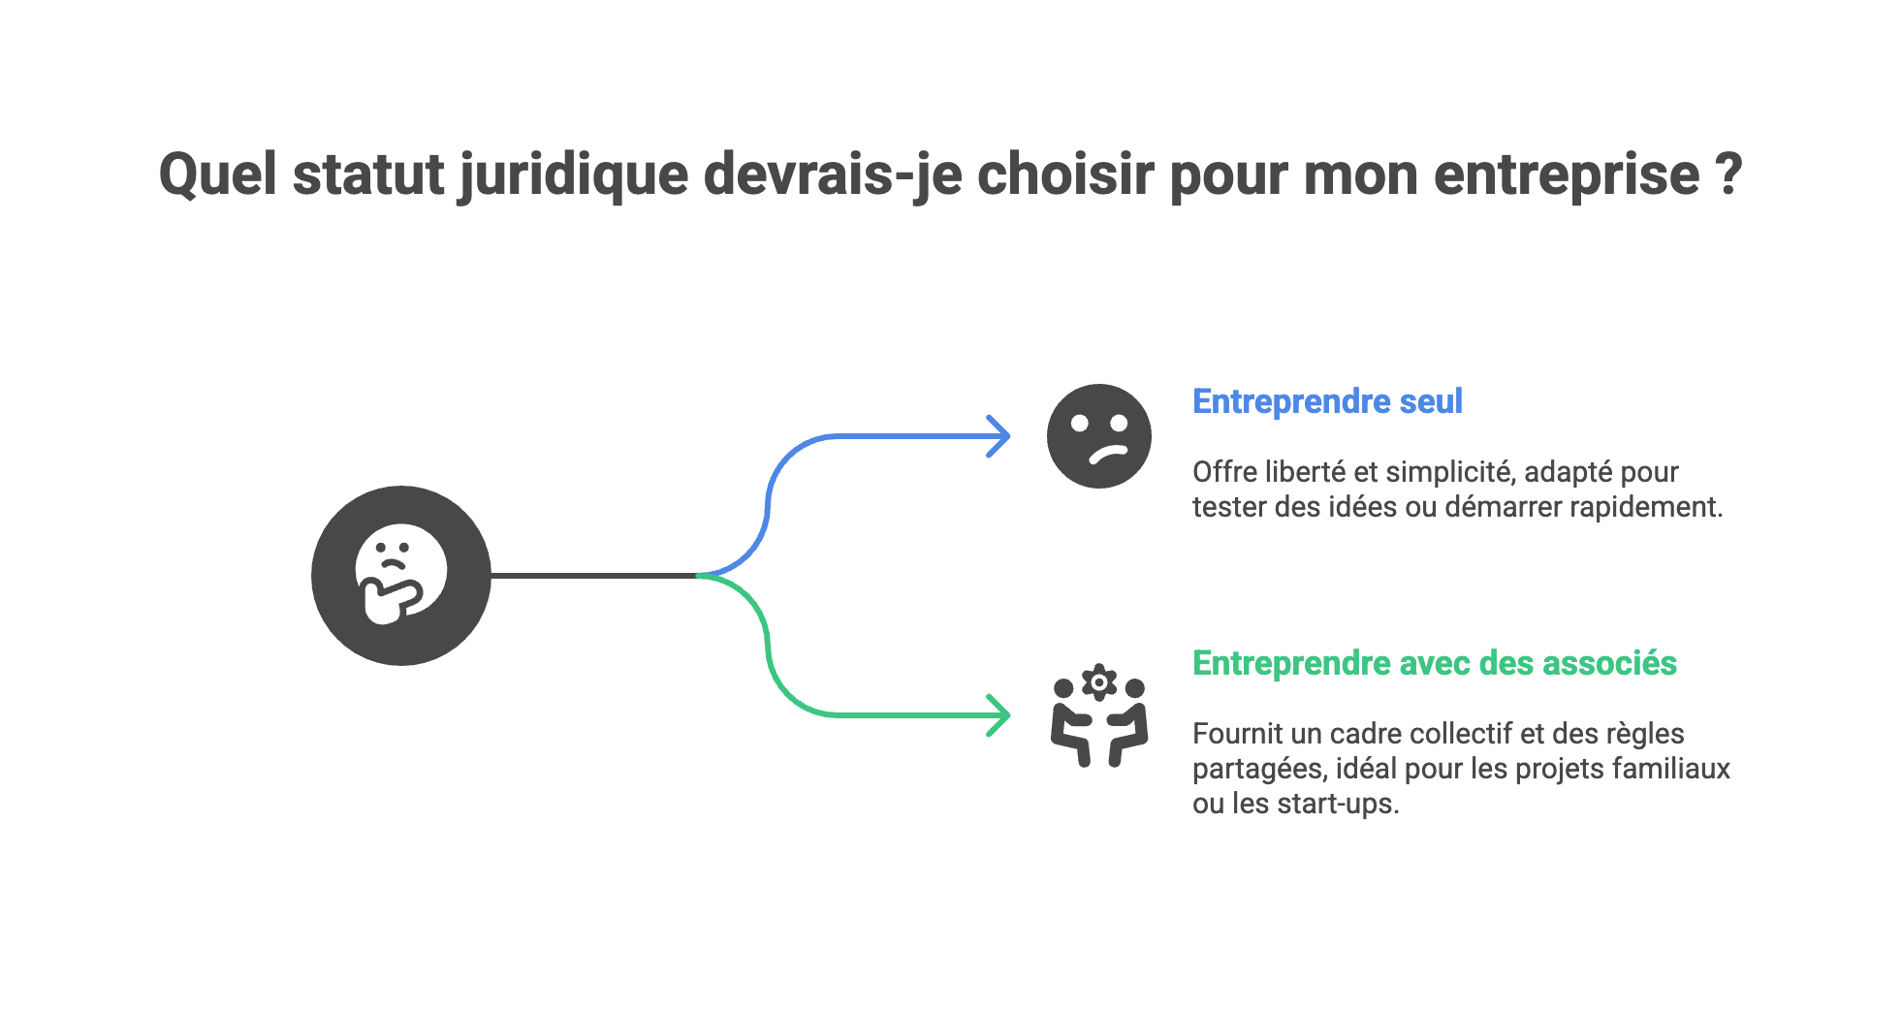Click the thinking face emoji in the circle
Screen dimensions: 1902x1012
(400, 575)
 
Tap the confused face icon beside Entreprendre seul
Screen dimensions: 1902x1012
(1098, 436)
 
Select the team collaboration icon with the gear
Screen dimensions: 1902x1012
(1099, 717)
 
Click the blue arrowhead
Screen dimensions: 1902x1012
(1000, 436)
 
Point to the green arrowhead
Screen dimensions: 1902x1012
(1000, 715)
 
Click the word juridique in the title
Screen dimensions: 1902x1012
(573, 176)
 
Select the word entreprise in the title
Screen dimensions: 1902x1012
(1566, 176)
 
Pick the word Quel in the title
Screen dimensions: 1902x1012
(218, 176)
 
